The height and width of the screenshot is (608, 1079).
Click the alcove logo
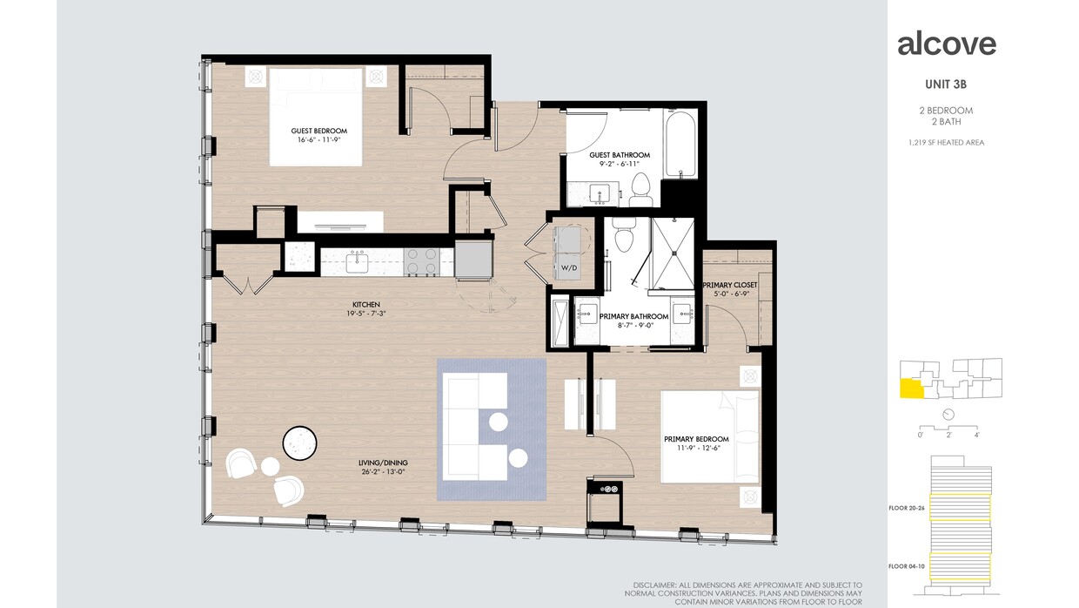pyautogui.click(x=947, y=44)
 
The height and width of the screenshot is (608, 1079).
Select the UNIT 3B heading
pyautogui.click(x=947, y=84)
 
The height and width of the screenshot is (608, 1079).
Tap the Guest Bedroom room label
pyautogui.click(x=313, y=131)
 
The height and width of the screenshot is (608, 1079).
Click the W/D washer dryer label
pyautogui.click(x=569, y=267)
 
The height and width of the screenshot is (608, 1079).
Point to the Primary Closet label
pyautogui.click(x=730, y=285)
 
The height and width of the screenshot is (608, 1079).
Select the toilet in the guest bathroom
pyautogui.click(x=641, y=184)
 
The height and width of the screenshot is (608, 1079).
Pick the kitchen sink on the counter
pyautogui.click(x=357, y=260)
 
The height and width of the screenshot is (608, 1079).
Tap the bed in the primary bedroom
pyautogui.click(x=709, y=436)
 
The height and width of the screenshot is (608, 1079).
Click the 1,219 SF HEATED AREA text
pyautogui.click(x=947, y=142)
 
